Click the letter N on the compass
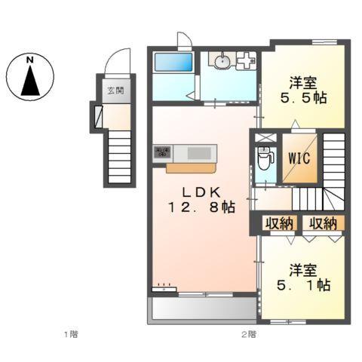(x=30, y=60)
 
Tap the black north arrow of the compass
(x=30, y=81)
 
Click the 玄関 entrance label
(x=115, y=90)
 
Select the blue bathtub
(x=173, y=62)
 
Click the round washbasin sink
(x=222, y=60)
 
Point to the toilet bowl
(x=264, y=158)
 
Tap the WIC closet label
(x=299, y=158)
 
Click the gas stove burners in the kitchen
(x=162, y=152)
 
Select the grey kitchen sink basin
(x=199, y=153)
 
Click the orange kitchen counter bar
(x=191, y=168)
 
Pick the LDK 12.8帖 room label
(x=201, y=201)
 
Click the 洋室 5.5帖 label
(x=303, y=90)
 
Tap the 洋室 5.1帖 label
(x=303, y=278)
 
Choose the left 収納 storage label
(x=280, y=223)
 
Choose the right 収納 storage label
(x=323, y=223)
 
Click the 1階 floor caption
(x=71, y=334)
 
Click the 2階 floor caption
(x=249, y=334)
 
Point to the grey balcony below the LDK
(x=204, y=308)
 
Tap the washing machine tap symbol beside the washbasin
(x=246, y=60)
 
